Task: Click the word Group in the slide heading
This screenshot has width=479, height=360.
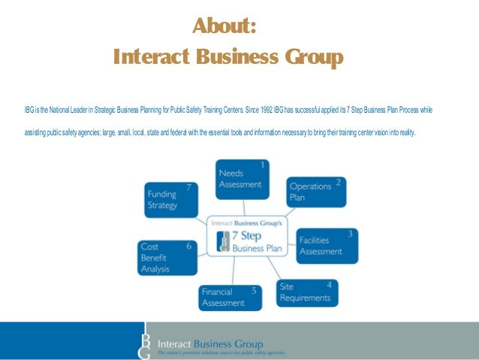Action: pos(309,57)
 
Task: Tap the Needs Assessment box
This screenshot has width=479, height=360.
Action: pos(242,179)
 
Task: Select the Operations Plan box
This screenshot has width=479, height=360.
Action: pos(316,192)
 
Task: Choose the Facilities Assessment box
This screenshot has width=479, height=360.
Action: pos(327,245)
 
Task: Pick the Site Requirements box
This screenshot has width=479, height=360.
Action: pos(306,292)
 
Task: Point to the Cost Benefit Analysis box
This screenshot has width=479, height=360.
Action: pos(167,257)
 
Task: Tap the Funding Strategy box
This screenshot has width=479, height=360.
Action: pos(173,198)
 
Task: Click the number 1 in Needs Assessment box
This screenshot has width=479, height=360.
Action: pos(263,164)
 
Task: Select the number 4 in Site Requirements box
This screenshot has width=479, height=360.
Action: pos(329,285)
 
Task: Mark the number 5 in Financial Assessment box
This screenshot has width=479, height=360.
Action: pos(254,290)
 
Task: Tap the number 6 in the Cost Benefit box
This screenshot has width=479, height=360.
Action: pos(188,245)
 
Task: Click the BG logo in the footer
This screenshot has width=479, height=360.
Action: pos(146,340)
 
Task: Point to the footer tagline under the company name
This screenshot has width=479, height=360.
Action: pos(221,352)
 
